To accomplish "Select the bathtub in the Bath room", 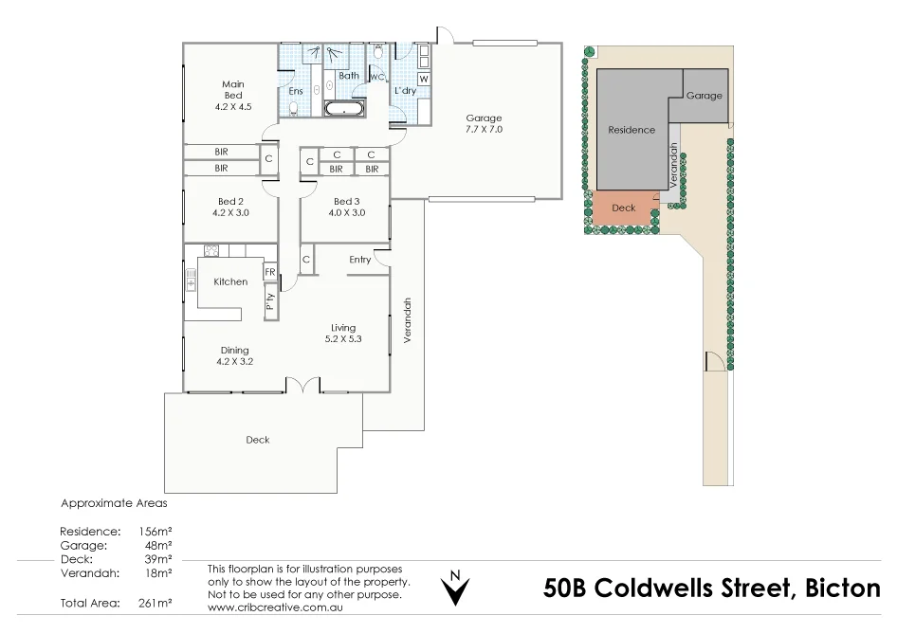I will coord(345,109).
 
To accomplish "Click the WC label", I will coord(376,78).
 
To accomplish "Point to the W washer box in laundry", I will coord(423,79).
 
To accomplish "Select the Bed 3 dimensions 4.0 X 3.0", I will coord(346,212).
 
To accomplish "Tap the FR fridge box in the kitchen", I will coord(270,272).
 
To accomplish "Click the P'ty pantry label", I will coord(270,302).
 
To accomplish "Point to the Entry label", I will coord(359,260).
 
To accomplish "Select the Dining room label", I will coord(234,350).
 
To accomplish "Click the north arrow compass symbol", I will coord(456,588).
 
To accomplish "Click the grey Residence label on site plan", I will coord(631,130).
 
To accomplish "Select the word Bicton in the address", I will coord(843,589).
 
